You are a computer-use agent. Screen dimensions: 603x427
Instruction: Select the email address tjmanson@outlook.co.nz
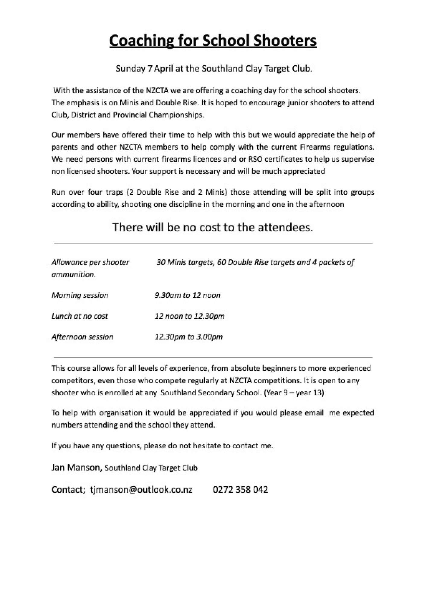coord(141,490)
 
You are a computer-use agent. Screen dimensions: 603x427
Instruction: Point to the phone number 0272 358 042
coord(240,490)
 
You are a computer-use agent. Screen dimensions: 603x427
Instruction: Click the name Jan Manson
coord(76,468)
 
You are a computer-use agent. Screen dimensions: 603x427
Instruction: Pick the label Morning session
coord(80,295)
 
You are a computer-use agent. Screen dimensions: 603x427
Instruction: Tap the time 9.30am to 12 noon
coord(187,295)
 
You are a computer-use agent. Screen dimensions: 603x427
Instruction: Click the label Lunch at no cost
coord(80,316)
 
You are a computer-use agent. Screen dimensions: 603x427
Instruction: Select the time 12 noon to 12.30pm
coord(189,316)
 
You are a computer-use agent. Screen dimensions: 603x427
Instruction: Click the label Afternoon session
coord(82,337)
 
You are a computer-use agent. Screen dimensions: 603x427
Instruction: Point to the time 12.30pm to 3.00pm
coord(188,337)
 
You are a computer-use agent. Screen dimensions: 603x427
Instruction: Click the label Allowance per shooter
coord(90,262)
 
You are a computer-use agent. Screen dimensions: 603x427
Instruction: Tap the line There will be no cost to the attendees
coord(213,227)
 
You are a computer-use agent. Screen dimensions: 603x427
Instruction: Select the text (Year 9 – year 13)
coord(294,393)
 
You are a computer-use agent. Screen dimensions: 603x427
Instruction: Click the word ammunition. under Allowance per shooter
coord(74,275)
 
